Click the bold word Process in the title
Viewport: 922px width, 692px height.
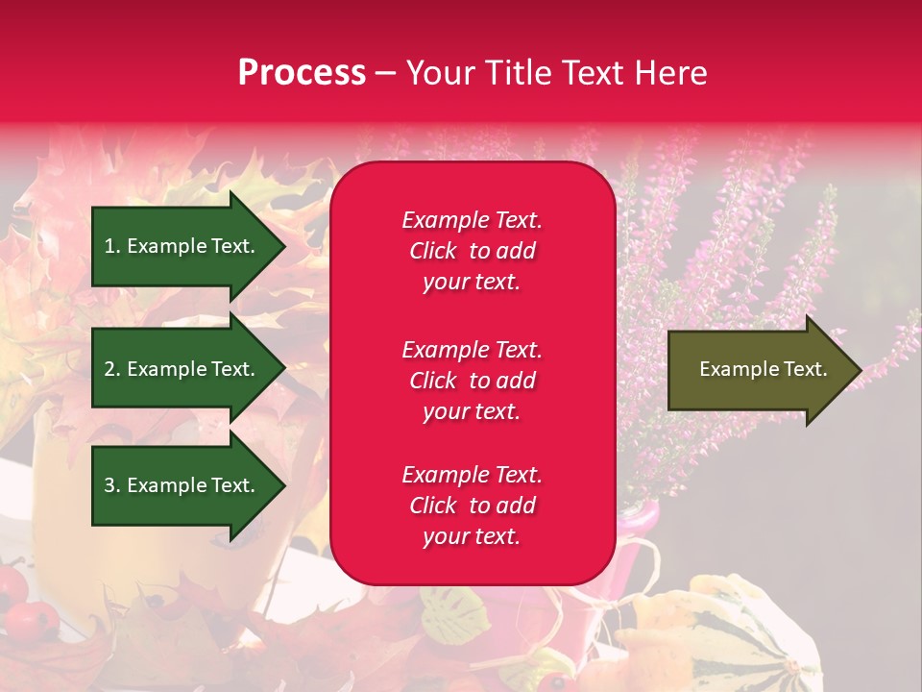pos(302,73)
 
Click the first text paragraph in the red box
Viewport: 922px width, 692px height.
pos(472,251)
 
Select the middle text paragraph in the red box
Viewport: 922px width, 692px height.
pos(472,381)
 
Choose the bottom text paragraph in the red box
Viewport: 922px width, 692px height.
pos(472,506)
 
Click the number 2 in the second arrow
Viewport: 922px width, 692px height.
pos(109,369)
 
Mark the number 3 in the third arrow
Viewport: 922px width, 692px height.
pos(109,485)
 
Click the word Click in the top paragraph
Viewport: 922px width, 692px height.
pos(433,251)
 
